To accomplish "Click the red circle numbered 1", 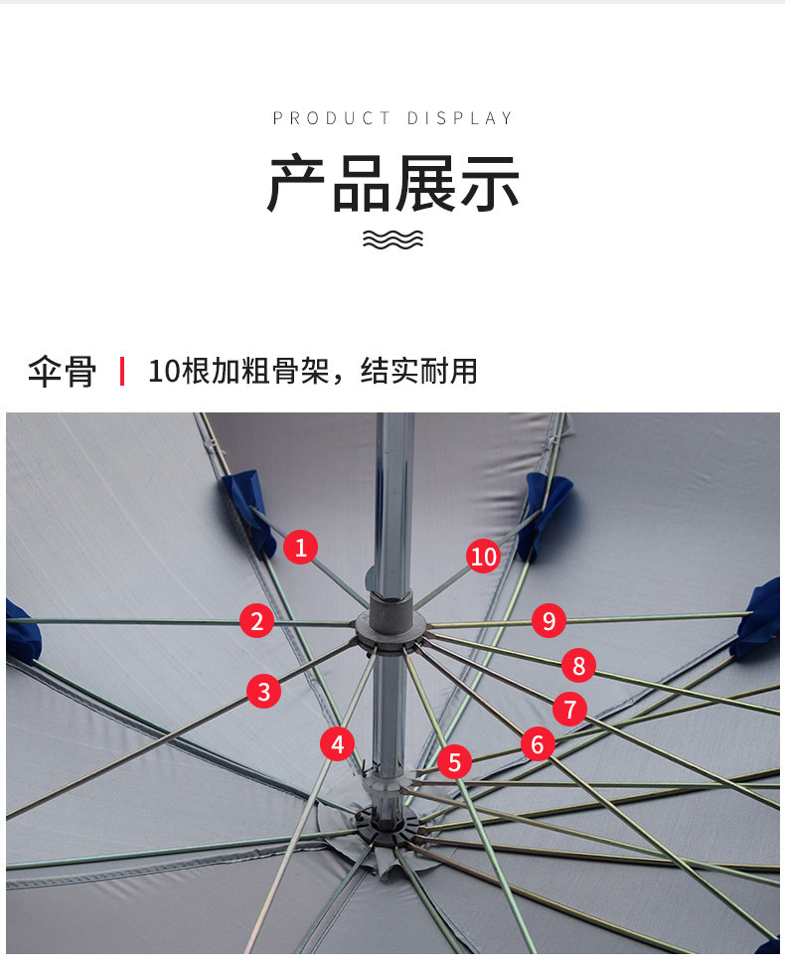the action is click(x=300, y=547).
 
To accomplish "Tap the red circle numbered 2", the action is click(x=257, y=621).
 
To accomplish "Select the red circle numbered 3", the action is click(x=264, y=691).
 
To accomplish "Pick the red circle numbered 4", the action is click(x=337, y=744).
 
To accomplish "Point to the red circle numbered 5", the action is click(x=454, y=761).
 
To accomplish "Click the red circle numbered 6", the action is click(x=538, y=744).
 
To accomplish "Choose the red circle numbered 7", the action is click(x=569, y=709).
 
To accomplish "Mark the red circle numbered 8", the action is click(x=578, y=666).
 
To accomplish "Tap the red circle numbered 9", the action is click(x=549, y=620).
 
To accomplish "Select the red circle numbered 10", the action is click(x=483, y=557).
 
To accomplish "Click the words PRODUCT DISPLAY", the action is click(x=392, y=118).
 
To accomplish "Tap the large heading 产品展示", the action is click(x=392, y=184).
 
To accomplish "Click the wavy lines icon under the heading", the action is click(x=392, y=240).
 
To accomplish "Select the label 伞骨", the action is click(x=62, y=372).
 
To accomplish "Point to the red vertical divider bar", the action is click(x=122, y=372).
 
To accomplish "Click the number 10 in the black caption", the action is click(x=164, y=372).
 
